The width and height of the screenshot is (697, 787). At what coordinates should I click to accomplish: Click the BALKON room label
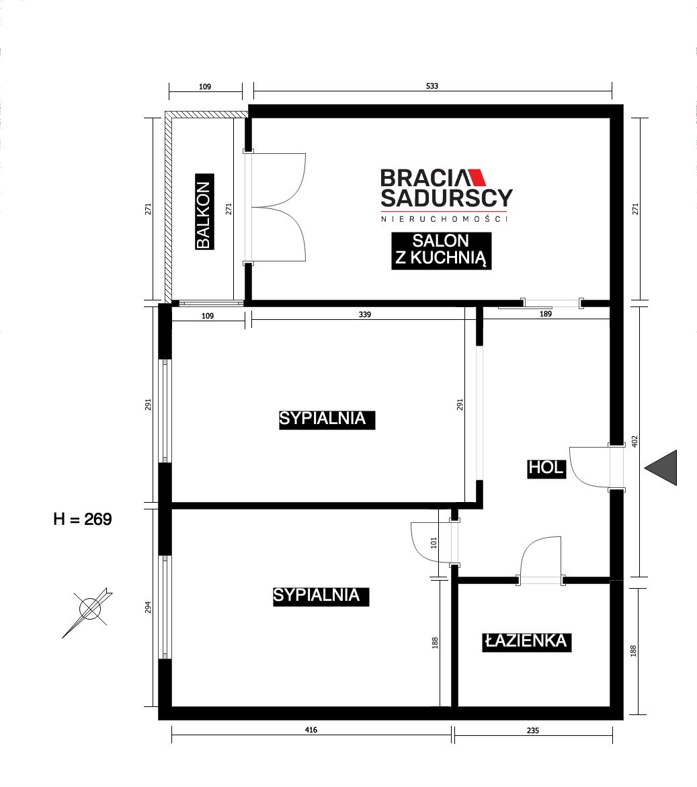204,212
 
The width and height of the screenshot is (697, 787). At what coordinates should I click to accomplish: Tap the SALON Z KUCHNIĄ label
441,251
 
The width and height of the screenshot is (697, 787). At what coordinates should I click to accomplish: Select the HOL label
546,468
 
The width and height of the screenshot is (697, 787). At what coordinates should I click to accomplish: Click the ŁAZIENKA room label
527,641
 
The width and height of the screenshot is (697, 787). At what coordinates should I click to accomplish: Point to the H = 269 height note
83,519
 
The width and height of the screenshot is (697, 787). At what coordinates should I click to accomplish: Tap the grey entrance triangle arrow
661,468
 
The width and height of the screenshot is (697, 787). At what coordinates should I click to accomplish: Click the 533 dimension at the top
432,86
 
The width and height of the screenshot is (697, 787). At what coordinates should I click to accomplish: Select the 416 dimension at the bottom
311,730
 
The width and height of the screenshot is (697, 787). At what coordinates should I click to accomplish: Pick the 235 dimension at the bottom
533,731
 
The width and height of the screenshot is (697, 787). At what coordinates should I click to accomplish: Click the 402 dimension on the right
634,442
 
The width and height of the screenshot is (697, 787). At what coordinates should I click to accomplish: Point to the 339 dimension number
365,315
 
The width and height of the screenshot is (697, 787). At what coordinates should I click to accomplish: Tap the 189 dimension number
546,315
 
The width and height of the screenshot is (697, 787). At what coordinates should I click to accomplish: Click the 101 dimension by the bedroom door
434,542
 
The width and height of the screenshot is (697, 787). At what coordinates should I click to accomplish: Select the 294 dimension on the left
148,608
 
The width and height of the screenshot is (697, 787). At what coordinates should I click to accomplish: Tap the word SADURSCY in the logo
446,198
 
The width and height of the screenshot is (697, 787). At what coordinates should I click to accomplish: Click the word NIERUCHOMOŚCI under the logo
444,219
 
